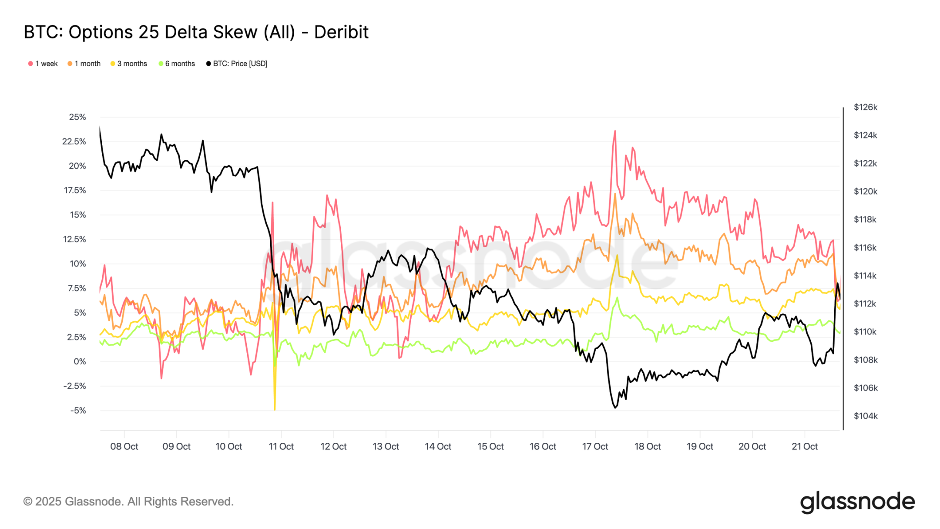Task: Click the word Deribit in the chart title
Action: point(341,32)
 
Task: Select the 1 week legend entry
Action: point(43,64)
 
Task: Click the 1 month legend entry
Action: point(84,64)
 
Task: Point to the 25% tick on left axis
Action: point(77,117)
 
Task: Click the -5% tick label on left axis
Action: point(78,410)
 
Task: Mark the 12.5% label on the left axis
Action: point(74,239)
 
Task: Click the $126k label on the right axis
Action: point(865,107)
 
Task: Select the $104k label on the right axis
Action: point(865,416)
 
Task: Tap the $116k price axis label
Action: point(865,247)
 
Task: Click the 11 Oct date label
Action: point(281,446)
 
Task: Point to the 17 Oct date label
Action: point(595,446)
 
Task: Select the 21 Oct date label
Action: point(804,446)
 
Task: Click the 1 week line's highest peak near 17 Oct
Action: point(615,131)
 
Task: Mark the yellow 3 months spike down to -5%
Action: point(275,408)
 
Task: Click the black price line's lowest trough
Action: point(615,408)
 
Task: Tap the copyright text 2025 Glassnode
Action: point(128,502)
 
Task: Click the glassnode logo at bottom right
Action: point(857,502)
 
